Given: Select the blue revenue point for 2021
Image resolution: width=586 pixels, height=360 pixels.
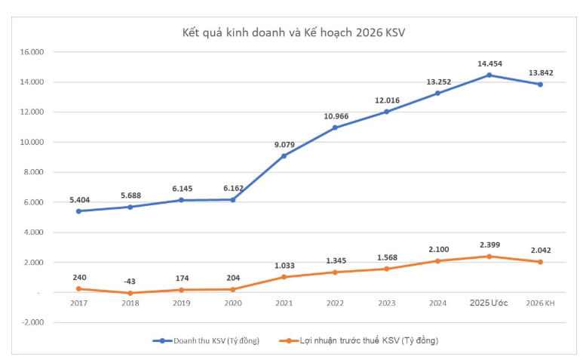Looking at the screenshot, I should point(284,156).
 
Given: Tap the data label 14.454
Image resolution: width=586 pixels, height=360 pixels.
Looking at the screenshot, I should point(489,64).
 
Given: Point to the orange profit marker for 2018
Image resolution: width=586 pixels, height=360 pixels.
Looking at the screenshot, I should point(130,293).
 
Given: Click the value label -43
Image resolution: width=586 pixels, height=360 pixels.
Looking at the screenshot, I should point(130,281).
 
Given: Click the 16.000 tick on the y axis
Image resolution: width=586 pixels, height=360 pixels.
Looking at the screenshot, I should point(34,52).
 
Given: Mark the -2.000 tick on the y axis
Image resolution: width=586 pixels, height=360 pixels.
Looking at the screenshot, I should point(34,322).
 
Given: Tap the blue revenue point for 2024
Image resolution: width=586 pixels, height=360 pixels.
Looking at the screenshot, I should point(437,94).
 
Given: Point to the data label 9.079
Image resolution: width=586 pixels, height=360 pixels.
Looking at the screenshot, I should point(284,144).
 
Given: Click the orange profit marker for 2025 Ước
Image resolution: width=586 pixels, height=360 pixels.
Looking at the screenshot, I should point(489,257).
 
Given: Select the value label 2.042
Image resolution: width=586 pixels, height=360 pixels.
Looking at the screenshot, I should point(540,250).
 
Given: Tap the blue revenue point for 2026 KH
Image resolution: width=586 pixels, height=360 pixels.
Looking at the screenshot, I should point(540,85).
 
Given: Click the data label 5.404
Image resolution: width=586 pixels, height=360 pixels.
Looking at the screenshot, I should point(78,199).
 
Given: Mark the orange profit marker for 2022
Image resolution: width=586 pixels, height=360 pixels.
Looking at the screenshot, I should point(335,272).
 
